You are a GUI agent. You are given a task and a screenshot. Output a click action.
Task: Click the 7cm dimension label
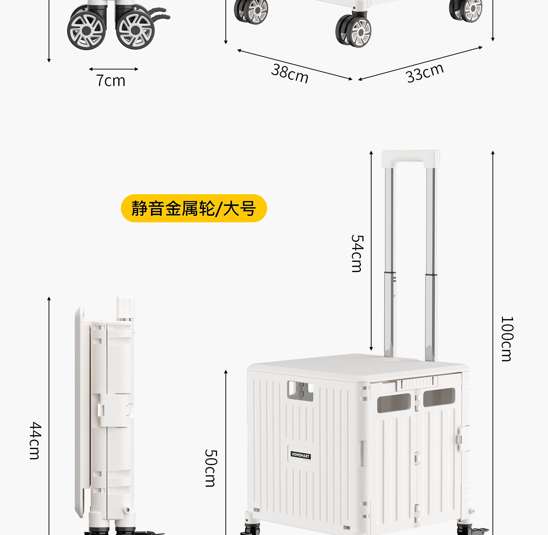tap(111, 80)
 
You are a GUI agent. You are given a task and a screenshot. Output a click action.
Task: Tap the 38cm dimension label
tap(290, 73)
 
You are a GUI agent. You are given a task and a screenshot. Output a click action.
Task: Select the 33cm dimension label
tap(425, 73)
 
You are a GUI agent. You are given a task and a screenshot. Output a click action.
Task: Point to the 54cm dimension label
tap(357, 253)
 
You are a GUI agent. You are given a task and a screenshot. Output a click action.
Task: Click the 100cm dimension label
tap(507, 339)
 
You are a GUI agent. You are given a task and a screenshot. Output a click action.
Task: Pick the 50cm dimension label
tap(211, 468)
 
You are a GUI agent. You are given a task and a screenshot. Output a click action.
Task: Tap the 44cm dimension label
tap(35, 440)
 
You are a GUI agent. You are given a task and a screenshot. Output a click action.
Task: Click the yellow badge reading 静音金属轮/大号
tap(194, 208)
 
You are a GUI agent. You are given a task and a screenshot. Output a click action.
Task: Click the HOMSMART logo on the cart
tap(301, 455)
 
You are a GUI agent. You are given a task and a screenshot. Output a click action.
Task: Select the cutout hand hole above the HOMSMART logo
tap(300, 390)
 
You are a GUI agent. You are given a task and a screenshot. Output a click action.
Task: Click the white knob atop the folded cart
tap(125, 306)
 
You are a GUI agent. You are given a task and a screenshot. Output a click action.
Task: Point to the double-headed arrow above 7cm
tap(113, 69)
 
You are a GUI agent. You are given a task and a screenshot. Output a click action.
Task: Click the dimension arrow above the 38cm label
tap(294, 64)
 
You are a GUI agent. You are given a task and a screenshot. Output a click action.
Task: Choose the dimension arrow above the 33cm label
tap(420, 63)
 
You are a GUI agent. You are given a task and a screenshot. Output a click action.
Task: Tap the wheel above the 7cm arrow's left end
tap(87, 31)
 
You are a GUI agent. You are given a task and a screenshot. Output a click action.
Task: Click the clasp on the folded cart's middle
tap(114, 410)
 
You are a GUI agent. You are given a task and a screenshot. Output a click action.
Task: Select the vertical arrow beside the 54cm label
tap(371, 250)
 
